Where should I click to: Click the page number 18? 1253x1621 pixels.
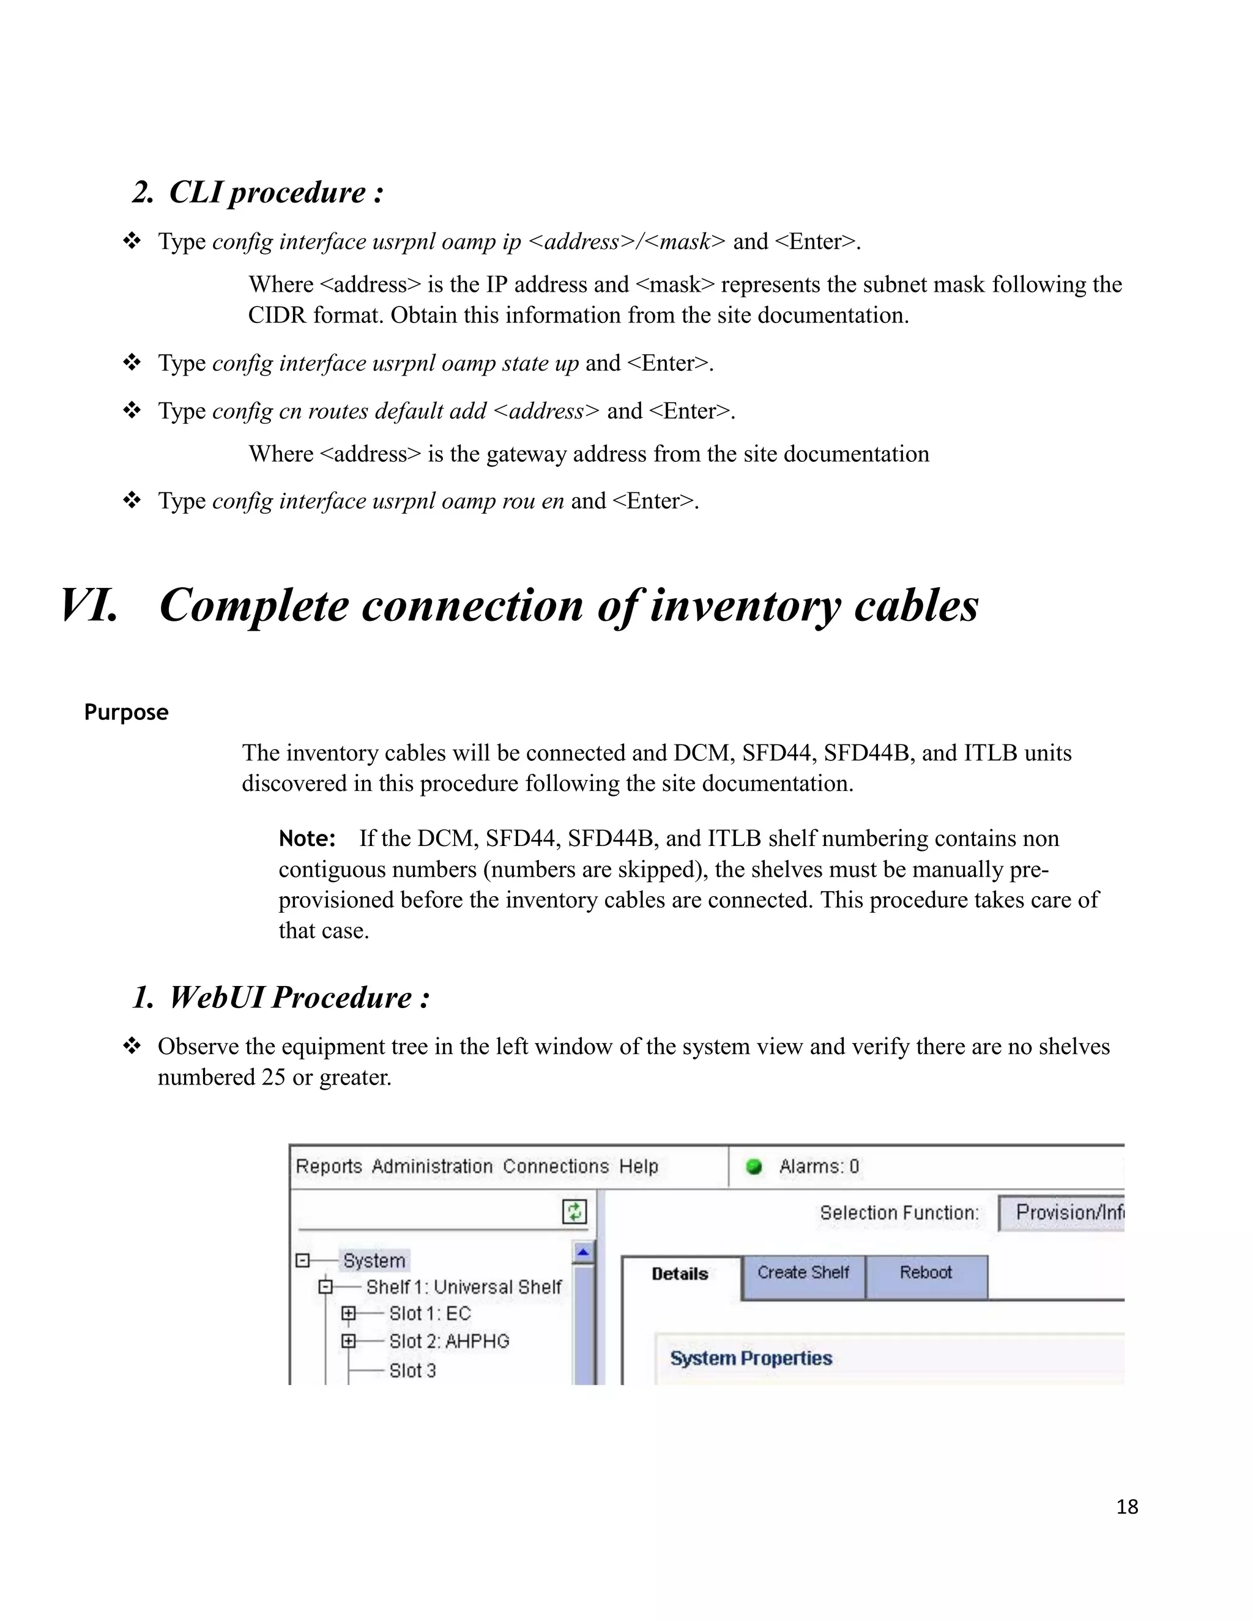(1127, 1506)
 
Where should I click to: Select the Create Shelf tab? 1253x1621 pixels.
(803, 1272)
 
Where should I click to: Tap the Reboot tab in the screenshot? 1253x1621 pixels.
(925, 1272)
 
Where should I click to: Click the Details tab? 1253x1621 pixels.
(679, 1274)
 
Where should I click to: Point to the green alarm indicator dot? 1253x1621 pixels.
(753, 1167)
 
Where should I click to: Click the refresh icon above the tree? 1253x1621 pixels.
(574, 1212)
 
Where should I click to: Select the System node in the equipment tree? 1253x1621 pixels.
(374, 1260)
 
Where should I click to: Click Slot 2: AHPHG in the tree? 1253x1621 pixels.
(449, 1341)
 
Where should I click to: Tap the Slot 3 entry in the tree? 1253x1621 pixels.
(413, 1370)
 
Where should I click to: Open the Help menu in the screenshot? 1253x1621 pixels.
(638, 1166)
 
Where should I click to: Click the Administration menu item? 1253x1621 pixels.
(432, 1166)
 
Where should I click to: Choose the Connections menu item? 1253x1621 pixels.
(556, 1166)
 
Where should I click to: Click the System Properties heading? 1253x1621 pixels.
(751, 1357)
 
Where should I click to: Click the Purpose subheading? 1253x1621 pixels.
(126, 712)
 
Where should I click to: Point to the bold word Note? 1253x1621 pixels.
(307, 839)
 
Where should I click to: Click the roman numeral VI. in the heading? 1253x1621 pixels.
(89, 605)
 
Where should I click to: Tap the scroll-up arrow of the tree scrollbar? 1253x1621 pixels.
(584, 1252)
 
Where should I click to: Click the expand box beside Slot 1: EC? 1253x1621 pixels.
(348, 1314)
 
